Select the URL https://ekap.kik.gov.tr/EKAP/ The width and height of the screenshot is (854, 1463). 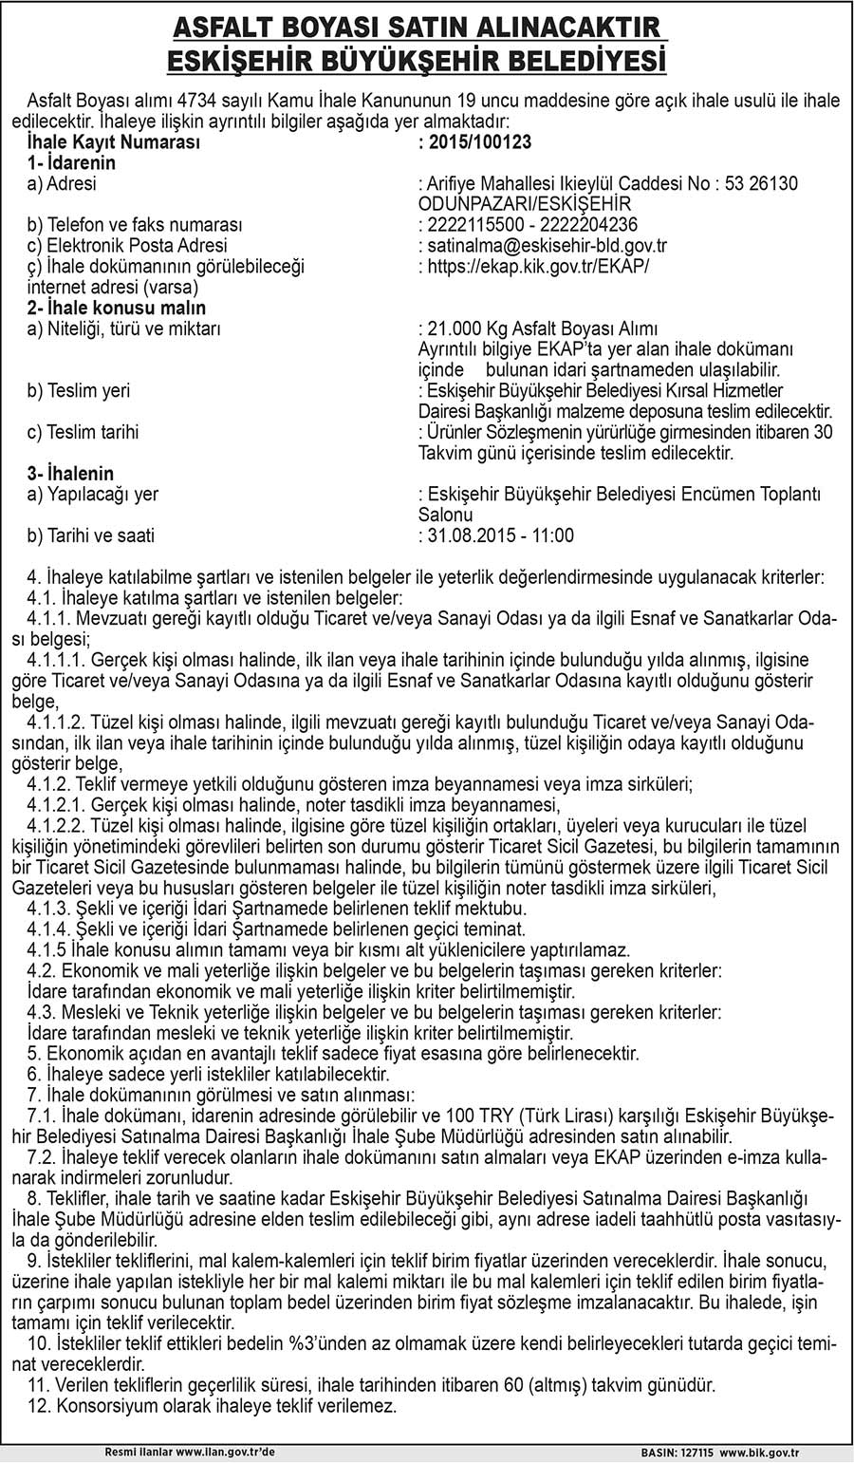538,267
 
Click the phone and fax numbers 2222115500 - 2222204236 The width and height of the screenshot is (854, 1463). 532,225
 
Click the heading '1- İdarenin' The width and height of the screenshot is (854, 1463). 71,163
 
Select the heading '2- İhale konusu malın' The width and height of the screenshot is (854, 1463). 117,309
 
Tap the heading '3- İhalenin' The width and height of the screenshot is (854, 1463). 71,474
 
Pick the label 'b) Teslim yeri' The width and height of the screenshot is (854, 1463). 79,391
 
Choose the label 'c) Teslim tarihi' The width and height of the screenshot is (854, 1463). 84,432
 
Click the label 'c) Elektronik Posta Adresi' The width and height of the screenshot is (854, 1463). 127,246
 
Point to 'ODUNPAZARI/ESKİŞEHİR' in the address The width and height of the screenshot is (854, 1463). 525,204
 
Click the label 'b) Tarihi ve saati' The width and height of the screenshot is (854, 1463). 91,535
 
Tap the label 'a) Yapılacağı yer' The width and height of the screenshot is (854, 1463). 93,495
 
